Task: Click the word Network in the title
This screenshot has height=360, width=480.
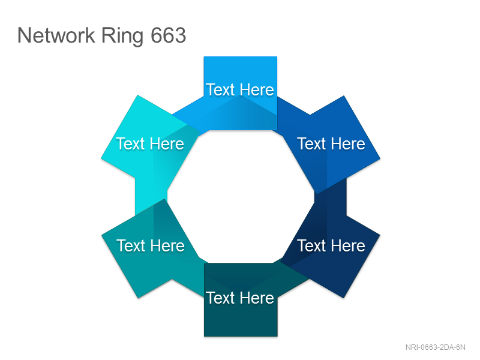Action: coord(56,35)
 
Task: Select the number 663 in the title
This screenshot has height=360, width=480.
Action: coord(169,35)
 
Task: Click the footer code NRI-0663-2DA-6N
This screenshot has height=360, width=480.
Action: coord(435,347)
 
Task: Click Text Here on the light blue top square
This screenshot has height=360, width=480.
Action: coord(240,89)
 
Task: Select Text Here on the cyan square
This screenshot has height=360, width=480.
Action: coord(150,143)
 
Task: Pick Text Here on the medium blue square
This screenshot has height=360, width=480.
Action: coord(331,143)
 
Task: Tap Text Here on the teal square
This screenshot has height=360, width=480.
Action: coord(151,245)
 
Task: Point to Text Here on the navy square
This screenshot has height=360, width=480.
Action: coord(331,245)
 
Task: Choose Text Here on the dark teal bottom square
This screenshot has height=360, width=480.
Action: coord(240,298)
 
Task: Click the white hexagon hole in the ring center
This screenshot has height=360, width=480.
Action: coord(241,197)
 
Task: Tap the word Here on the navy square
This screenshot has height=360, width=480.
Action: coord(348,245)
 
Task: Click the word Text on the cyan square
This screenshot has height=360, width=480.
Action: coord(130,143)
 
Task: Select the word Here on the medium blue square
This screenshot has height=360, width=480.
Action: coord(348,143)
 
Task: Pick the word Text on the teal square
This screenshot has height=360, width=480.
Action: coord(131,245)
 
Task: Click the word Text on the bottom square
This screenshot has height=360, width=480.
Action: coord(220,298)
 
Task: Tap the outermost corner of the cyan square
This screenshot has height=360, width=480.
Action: coord(101,158)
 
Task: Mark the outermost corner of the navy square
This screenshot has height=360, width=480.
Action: coord(380,235)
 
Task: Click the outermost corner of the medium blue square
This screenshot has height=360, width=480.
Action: coord(380,158)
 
